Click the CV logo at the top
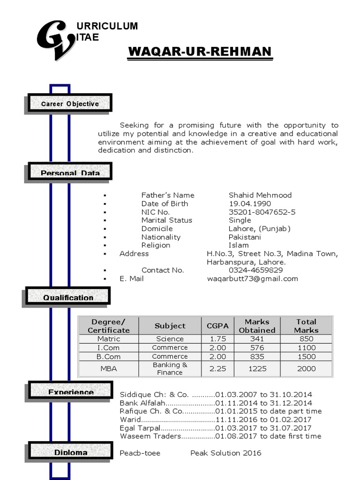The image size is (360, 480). point(55,39)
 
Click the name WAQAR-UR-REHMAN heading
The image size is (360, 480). point(200,52)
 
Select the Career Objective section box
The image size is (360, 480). point(70,103)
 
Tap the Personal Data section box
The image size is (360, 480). point(70,172)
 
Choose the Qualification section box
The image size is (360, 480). point(68,297)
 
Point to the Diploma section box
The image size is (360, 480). point(71,452)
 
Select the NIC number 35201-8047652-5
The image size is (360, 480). point(262,212)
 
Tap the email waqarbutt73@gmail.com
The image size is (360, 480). point(253,278)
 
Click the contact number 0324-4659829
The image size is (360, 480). point(255,270)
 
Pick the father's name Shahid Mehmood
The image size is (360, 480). point(260,195)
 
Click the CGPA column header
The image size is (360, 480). point(217,326)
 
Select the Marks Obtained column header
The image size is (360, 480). point(257,326)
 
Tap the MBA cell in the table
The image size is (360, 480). point(109,368)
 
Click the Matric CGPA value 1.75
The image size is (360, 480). point(217,338)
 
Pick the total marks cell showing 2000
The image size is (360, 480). point(306,368)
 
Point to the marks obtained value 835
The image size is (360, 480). point(257,356)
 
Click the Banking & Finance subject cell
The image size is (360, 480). point(170,368)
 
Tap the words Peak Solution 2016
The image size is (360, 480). point(226,453)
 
